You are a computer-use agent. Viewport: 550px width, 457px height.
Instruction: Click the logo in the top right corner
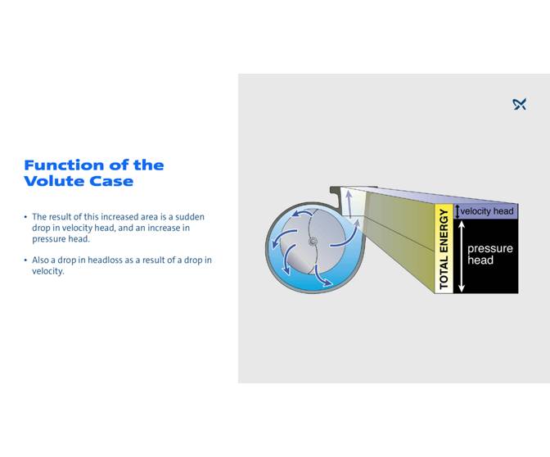pyautogui.click(x=519, y=104)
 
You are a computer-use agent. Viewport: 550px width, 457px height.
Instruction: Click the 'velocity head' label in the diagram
pyautogui.click(x=487, y=211)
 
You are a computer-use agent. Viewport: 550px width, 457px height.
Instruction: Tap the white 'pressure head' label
pyautogui.click(x=489, y=255)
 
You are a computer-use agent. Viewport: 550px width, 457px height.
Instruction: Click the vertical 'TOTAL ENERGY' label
pyautogui.click(x=444, y=249)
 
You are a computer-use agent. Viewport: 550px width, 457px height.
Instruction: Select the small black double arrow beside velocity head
pyautogui.click(x=458, y=211)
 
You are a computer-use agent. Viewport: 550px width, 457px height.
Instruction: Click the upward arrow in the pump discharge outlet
pyautogui.click(x=347, y=201)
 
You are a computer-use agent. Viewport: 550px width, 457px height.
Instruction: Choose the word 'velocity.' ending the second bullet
pyautogui.click(x=48, y=271)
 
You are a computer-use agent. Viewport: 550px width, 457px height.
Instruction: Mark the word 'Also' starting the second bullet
pyautogui.click(x=41, y=260)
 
